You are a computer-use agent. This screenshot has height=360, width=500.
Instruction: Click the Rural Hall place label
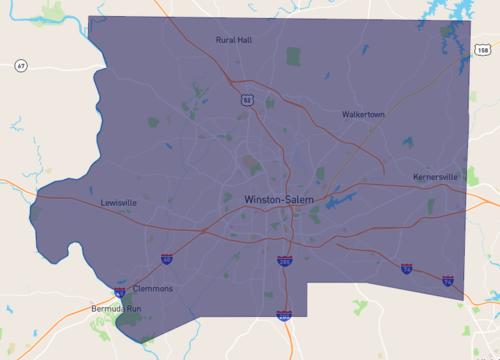pos(234,40)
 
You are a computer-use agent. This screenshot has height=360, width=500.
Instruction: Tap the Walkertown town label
pos(362,115)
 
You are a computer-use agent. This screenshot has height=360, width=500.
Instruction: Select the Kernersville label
pos(435,177)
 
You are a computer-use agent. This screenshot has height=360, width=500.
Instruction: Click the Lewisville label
pos(119,202)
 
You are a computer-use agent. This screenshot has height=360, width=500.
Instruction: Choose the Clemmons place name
pos(152,289)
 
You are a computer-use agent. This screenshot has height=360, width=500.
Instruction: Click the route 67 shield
pos(21,66)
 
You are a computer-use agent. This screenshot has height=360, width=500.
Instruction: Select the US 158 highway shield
pos(483,50)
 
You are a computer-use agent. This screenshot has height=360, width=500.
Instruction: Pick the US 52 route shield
pos(247,100)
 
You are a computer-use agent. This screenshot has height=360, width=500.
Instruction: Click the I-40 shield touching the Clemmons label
pos(119,293)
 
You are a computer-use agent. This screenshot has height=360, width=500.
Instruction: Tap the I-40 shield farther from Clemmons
pos(166,260)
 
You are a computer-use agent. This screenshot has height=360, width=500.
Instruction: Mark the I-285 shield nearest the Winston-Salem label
pos(285,261)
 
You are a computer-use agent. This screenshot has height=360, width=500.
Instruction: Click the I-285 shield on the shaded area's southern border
pos(285,316)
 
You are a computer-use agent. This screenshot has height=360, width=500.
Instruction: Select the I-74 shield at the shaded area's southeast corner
pos(448,283)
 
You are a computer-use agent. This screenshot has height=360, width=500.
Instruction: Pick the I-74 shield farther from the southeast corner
pos(406,269)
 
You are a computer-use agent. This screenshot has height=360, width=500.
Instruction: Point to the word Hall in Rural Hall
pos(244,40)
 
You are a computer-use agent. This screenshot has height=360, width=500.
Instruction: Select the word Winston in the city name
pos(262,200)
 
